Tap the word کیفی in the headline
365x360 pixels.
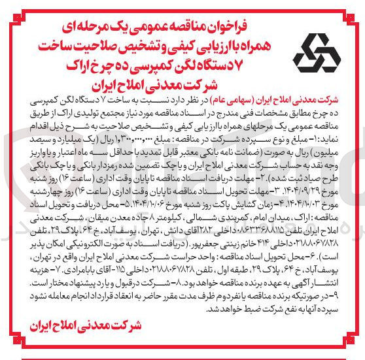pyautogui.click(x=179, y=31)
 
